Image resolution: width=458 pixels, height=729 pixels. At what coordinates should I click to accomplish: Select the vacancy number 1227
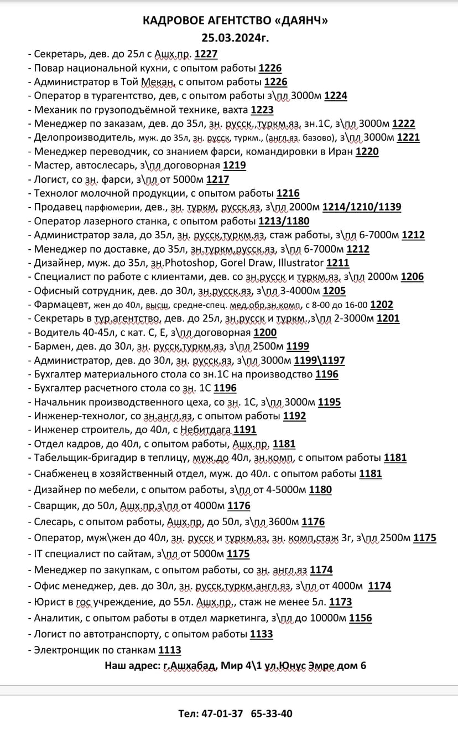click(x=206, y=54)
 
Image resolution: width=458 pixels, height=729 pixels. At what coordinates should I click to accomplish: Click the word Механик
click(x=55, y=110)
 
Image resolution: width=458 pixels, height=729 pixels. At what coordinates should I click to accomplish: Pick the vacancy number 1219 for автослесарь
click(x=235, y=165)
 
